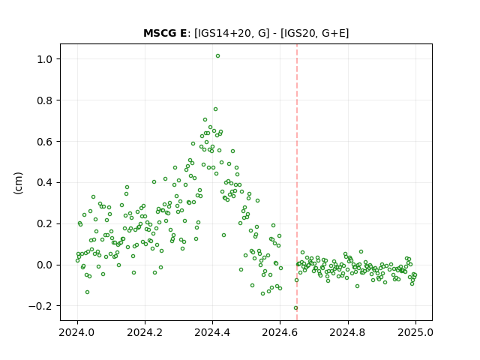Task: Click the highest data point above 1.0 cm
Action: click(217, 56)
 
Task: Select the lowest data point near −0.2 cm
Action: click(295, 308)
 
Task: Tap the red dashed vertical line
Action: click(297, 182)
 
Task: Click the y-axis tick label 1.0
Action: click(45, 59)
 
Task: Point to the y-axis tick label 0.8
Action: click(45, 100)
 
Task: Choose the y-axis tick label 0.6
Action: click(45, 142)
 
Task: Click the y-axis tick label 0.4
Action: click(45, 183)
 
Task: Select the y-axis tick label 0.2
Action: click(45, 224)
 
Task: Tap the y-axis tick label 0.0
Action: click(45, 265)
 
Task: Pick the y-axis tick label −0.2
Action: click(40, 306)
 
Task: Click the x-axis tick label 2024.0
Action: click(77, 332)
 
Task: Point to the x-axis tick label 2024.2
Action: click(145, 332)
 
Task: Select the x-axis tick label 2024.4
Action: click(212, 332)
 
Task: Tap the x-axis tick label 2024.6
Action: click(280, 332)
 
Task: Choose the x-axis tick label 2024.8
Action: click(348, 332)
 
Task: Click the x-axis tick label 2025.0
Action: click(415, 332)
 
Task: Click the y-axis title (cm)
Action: click(18, 183)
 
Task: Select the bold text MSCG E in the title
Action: click(165, 33)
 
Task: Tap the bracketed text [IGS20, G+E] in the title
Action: click(314, 33)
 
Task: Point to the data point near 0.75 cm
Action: click(215, 109)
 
